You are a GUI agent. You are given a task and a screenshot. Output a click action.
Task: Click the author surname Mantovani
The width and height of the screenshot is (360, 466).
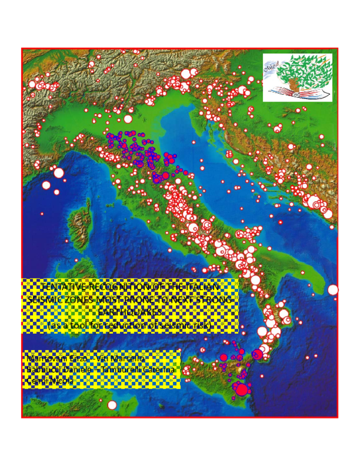[47, 359]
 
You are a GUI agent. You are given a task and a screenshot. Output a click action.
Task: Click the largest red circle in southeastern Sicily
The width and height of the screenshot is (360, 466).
[242, 390]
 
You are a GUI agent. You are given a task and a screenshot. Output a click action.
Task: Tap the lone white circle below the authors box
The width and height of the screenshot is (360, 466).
[112, 405]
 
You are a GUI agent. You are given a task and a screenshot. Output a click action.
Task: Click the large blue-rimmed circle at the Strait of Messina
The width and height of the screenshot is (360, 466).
[257, 354]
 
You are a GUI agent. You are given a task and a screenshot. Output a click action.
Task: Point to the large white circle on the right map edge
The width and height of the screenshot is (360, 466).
[332, 290]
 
